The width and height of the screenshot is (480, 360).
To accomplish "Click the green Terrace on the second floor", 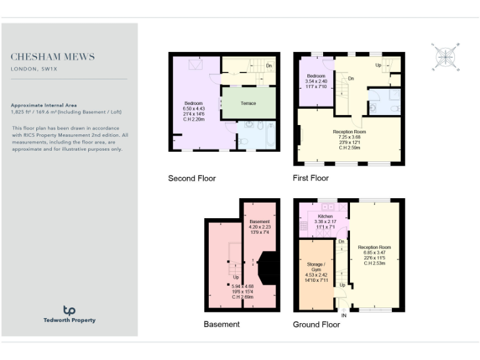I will [x=249, y=103].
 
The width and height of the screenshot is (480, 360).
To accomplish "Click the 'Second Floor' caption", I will [x=192, y=178].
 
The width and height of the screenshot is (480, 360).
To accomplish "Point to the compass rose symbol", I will [x=446, y=57].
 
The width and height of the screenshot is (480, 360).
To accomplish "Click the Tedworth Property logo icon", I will [x=69, y=310].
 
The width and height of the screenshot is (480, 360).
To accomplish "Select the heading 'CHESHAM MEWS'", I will [x=53, y=57].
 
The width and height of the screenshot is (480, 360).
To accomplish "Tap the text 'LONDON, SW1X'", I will [x=34, y=69].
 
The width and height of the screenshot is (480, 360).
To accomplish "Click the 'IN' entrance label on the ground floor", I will [x=343, y=316].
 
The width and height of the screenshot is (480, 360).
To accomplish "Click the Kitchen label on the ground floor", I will [x=325, y=216].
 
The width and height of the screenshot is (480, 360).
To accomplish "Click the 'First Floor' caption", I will [x=311, y=178].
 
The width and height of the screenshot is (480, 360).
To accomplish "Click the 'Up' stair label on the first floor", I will [x=378, y=65].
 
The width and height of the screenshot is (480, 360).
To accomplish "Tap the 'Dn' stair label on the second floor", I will [x=269, y=66].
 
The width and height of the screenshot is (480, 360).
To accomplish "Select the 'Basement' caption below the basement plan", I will [x=221, y=324].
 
